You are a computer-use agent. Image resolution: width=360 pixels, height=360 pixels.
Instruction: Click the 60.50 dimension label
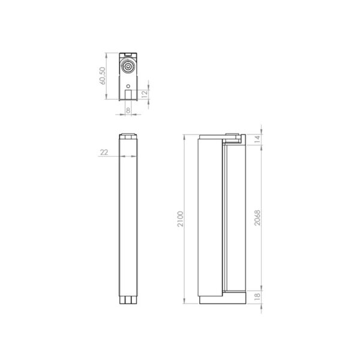[x=103, y=77]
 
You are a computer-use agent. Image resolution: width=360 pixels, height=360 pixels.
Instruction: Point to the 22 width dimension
[x=104, y=152]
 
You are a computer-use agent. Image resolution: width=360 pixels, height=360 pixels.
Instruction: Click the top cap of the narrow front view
[x=128, y=135]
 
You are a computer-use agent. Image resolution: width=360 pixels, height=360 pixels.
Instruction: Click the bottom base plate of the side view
[x=221, y=298]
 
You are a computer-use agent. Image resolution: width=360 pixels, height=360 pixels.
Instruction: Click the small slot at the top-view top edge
[x=128, y=55]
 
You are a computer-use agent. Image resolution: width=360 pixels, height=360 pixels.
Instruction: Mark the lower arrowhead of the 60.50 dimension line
[x=107, y=100]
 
